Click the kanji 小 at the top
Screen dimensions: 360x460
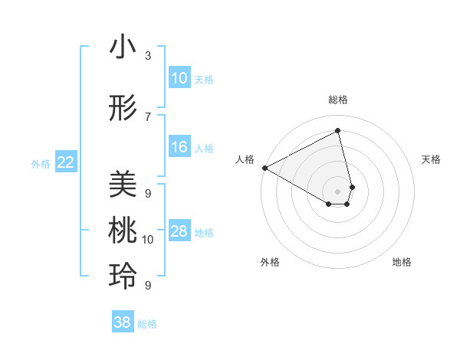(123, 48)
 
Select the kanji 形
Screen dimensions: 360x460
(123, 110)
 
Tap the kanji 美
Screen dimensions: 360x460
(123, 184)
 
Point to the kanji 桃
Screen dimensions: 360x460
(123, 231)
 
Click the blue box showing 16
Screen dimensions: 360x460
(179, 147)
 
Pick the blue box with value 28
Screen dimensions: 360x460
(179, 231)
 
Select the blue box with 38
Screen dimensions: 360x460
(123, 322)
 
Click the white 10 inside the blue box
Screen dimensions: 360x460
(179, 78)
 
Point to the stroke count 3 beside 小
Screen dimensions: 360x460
(148, 56)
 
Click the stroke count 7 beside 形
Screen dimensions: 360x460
(148, 116)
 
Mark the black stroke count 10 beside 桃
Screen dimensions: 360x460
(148, 240)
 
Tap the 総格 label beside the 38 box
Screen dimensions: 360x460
(147, 324)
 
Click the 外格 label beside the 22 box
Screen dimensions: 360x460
(41, 163)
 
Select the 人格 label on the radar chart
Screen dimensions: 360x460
(245, 159)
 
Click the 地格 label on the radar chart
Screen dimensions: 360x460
(402, 262)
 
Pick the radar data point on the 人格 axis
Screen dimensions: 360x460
(264, 168)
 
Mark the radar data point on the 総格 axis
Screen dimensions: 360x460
(338, 131)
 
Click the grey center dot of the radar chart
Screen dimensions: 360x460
(338, 190)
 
